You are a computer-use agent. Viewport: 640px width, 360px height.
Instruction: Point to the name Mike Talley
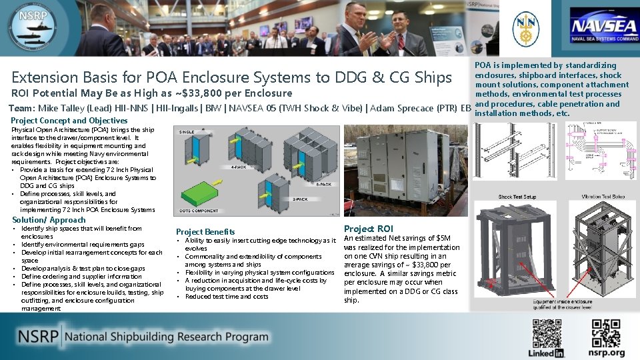(x=61, y=108)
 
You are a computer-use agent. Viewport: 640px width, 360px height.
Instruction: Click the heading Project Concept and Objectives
(x=69, y=121)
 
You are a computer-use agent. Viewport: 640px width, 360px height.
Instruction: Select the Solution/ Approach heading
(x=49, y=219)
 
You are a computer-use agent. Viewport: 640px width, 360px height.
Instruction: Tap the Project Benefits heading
(x=205, y=231)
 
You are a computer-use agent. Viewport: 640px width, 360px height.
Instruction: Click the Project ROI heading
(x=369, y=229)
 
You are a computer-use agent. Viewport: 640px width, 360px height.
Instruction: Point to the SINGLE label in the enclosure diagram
(x=188, y=132)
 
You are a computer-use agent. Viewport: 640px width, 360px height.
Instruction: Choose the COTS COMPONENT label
(x=199, y=211)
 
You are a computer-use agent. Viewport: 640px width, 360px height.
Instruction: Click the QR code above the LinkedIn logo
(x=547, y=333)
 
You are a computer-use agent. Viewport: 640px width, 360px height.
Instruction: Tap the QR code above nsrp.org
(x=607, y=333)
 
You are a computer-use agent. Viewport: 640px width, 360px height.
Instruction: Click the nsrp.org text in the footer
(x=607, y=353)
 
